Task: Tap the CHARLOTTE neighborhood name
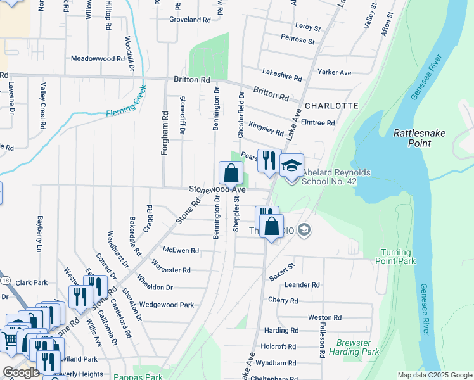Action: pyautogui.click(x=331, y=106)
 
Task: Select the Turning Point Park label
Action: pyautogui.click(x=397, y=256)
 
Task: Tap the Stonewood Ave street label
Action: pyautogui.click(x=217, y=189)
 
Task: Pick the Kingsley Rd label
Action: pyautogui.click(x=266, y=129)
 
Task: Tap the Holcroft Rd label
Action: pyautogui.click(x=279, y=346)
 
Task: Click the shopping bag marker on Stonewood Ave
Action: pyautogui.click(x=231, y=173)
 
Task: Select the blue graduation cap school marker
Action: pyautogui.click(x=291, y=165)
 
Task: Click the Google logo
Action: pyautogui.click(x=21, y=372)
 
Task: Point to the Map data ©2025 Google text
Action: pyautogui.click(x=434, y=375)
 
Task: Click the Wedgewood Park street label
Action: pyautogui.click(x=167, y=305)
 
